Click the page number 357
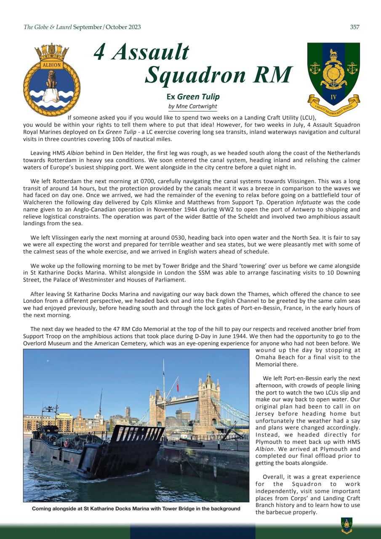[x=354, y=27]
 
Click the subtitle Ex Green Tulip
[x=193, y=97]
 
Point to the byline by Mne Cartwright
[x=193, y=106]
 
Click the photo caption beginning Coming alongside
[x=136, y=509]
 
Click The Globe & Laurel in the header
[x=48, y=27]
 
